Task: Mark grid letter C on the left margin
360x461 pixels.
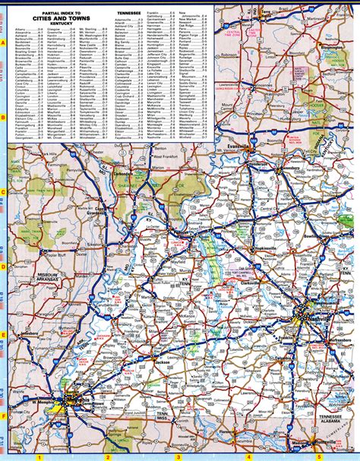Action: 5,193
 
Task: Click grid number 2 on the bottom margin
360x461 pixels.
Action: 108,457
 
